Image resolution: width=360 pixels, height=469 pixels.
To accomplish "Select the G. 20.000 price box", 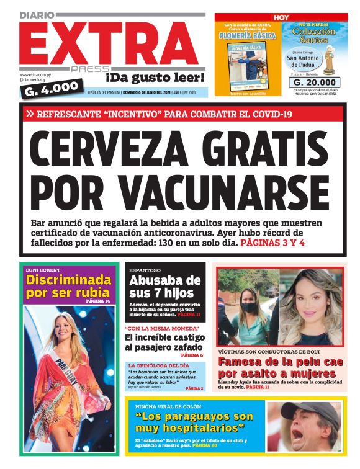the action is click(x=315, y=82).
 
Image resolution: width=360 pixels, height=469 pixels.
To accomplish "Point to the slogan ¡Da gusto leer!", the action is click(x=155, y=78).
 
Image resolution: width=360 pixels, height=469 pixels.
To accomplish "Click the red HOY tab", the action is click(x=281, y=17).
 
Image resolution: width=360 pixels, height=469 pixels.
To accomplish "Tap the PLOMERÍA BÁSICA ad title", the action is click(x=247, y=36).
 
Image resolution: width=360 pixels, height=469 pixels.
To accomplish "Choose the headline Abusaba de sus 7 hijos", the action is click(x=164, y=287).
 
